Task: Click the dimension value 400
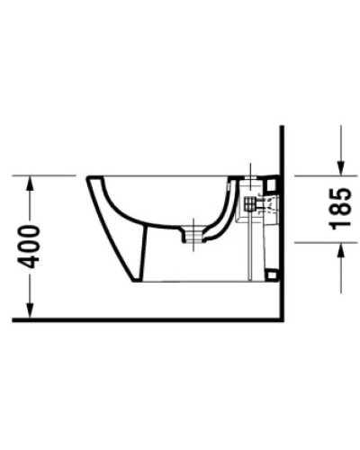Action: coord(30,246)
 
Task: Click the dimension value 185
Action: coord(339,207)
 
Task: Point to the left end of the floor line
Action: coord(14,319)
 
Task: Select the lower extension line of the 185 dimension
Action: coord(319,241)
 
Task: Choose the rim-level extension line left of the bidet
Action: coord(49,175)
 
